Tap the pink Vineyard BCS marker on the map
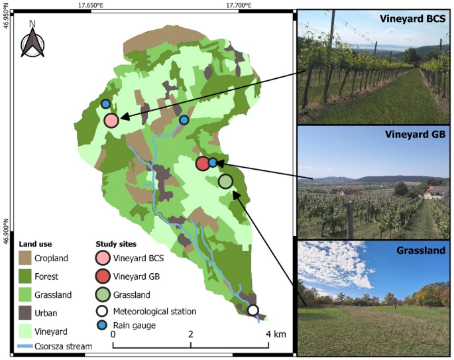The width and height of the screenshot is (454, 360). coord(111,120)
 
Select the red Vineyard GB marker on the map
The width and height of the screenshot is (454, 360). coord(203,163)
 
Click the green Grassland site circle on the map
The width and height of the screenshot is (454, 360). coord(225,181)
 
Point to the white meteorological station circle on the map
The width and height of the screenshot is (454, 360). coord(253,310)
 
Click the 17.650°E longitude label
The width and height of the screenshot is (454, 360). coord(91,5)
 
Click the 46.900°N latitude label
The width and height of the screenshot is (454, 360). coord(6,232)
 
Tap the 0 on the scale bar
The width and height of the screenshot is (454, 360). coord(113,334)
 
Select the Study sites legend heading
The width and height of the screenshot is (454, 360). coord(116,243)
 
